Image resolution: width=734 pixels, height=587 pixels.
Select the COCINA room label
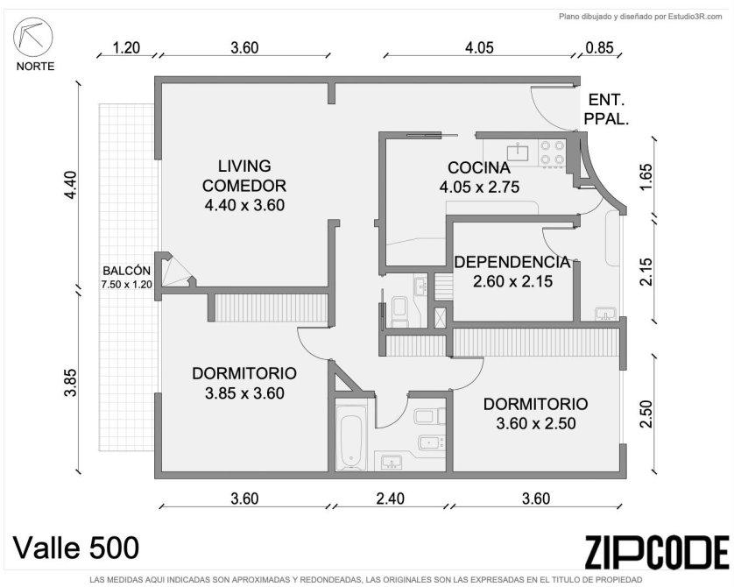click(479, 167)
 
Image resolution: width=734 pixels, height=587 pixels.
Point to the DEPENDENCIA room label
click(512, 262)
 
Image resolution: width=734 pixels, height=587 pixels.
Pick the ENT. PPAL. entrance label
click(606, 110)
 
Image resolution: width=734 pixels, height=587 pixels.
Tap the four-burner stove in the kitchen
click(553, 152)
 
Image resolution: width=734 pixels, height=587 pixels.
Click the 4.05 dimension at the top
click(479, 47)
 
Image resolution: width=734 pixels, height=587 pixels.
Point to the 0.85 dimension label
click(600, 47)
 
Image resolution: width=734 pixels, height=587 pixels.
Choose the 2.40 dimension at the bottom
click(391, 499)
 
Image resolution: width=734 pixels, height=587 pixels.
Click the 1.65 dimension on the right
click(646, 177)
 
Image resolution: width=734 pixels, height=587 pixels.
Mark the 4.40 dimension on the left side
click(71, 186)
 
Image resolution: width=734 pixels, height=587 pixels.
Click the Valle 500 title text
click(76, 548)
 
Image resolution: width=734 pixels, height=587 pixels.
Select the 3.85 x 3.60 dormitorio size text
click(244, 393)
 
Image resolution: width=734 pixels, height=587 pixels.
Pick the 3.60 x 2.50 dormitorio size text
click(536, 424)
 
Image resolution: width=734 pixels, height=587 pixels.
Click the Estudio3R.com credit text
click(695, 17)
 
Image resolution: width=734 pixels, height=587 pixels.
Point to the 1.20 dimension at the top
click(126, 47)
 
